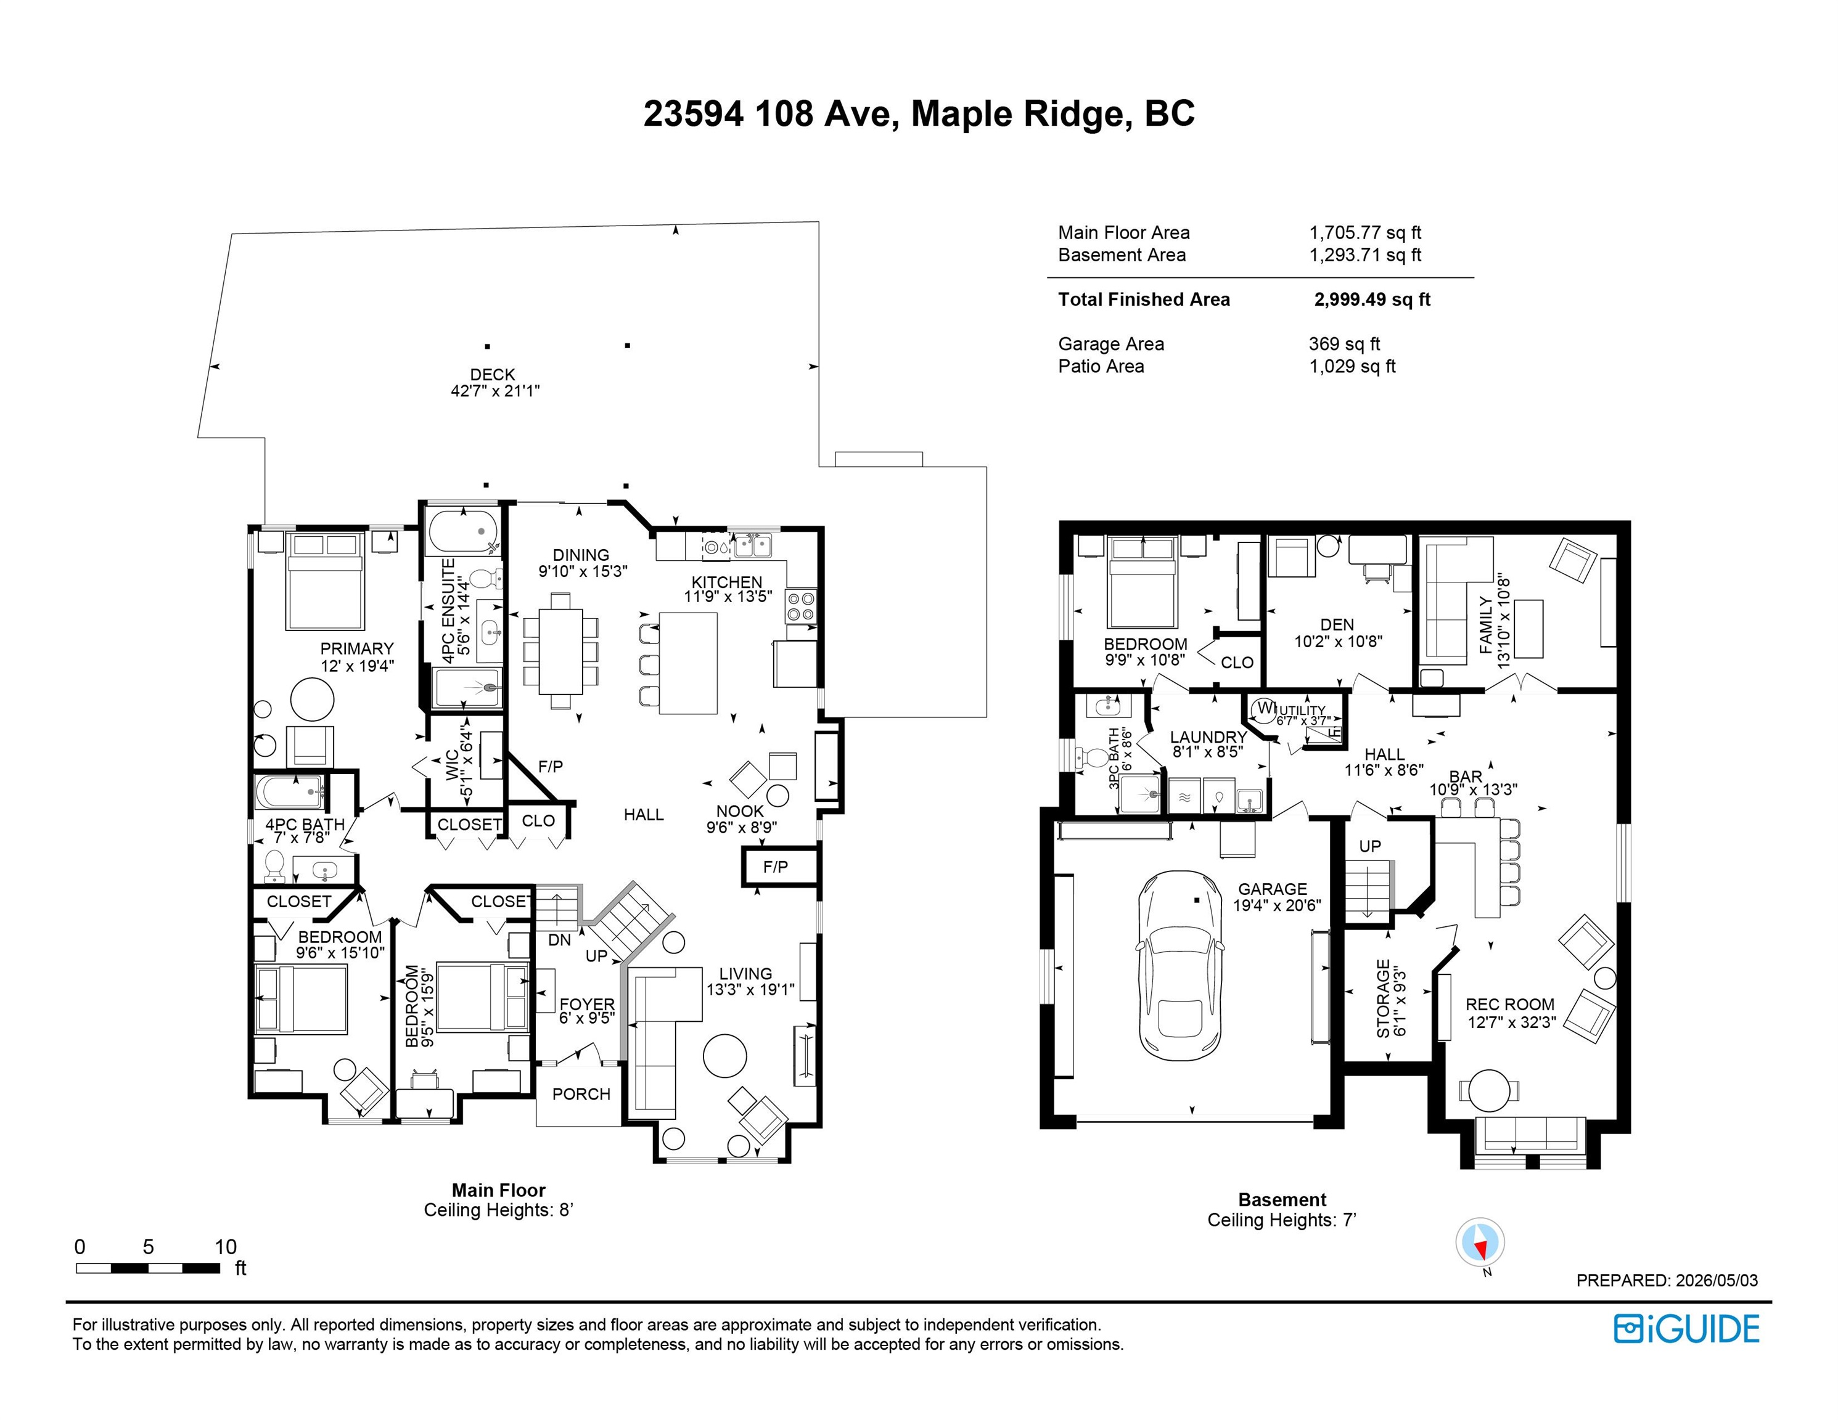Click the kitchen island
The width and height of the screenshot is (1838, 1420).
(x=689, y=663)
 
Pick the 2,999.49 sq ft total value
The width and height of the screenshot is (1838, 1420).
(x=1372, y=300)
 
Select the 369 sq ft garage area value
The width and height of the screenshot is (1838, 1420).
(x=1344, y=343)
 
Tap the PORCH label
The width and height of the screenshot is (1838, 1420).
(x=581, y=1093)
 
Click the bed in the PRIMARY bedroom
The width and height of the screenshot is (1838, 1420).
(x=326, y=581)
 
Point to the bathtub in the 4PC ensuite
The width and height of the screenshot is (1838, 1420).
(x=463, y=531)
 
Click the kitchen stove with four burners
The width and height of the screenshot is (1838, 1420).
(x=801, y=606)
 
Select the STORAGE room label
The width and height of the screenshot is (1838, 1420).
(x=1384, y=998)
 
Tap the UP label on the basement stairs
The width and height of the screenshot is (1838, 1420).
(x=1370, y=846)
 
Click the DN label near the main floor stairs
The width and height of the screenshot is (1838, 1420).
(x=560, y=940)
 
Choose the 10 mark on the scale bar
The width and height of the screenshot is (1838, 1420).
(x=226, y=1247)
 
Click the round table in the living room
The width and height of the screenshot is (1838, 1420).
(x=724, y=1055)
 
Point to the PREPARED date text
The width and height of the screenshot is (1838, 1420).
(x=1667, y=1279)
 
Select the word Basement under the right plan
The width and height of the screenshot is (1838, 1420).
(x=1282, y=1199)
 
